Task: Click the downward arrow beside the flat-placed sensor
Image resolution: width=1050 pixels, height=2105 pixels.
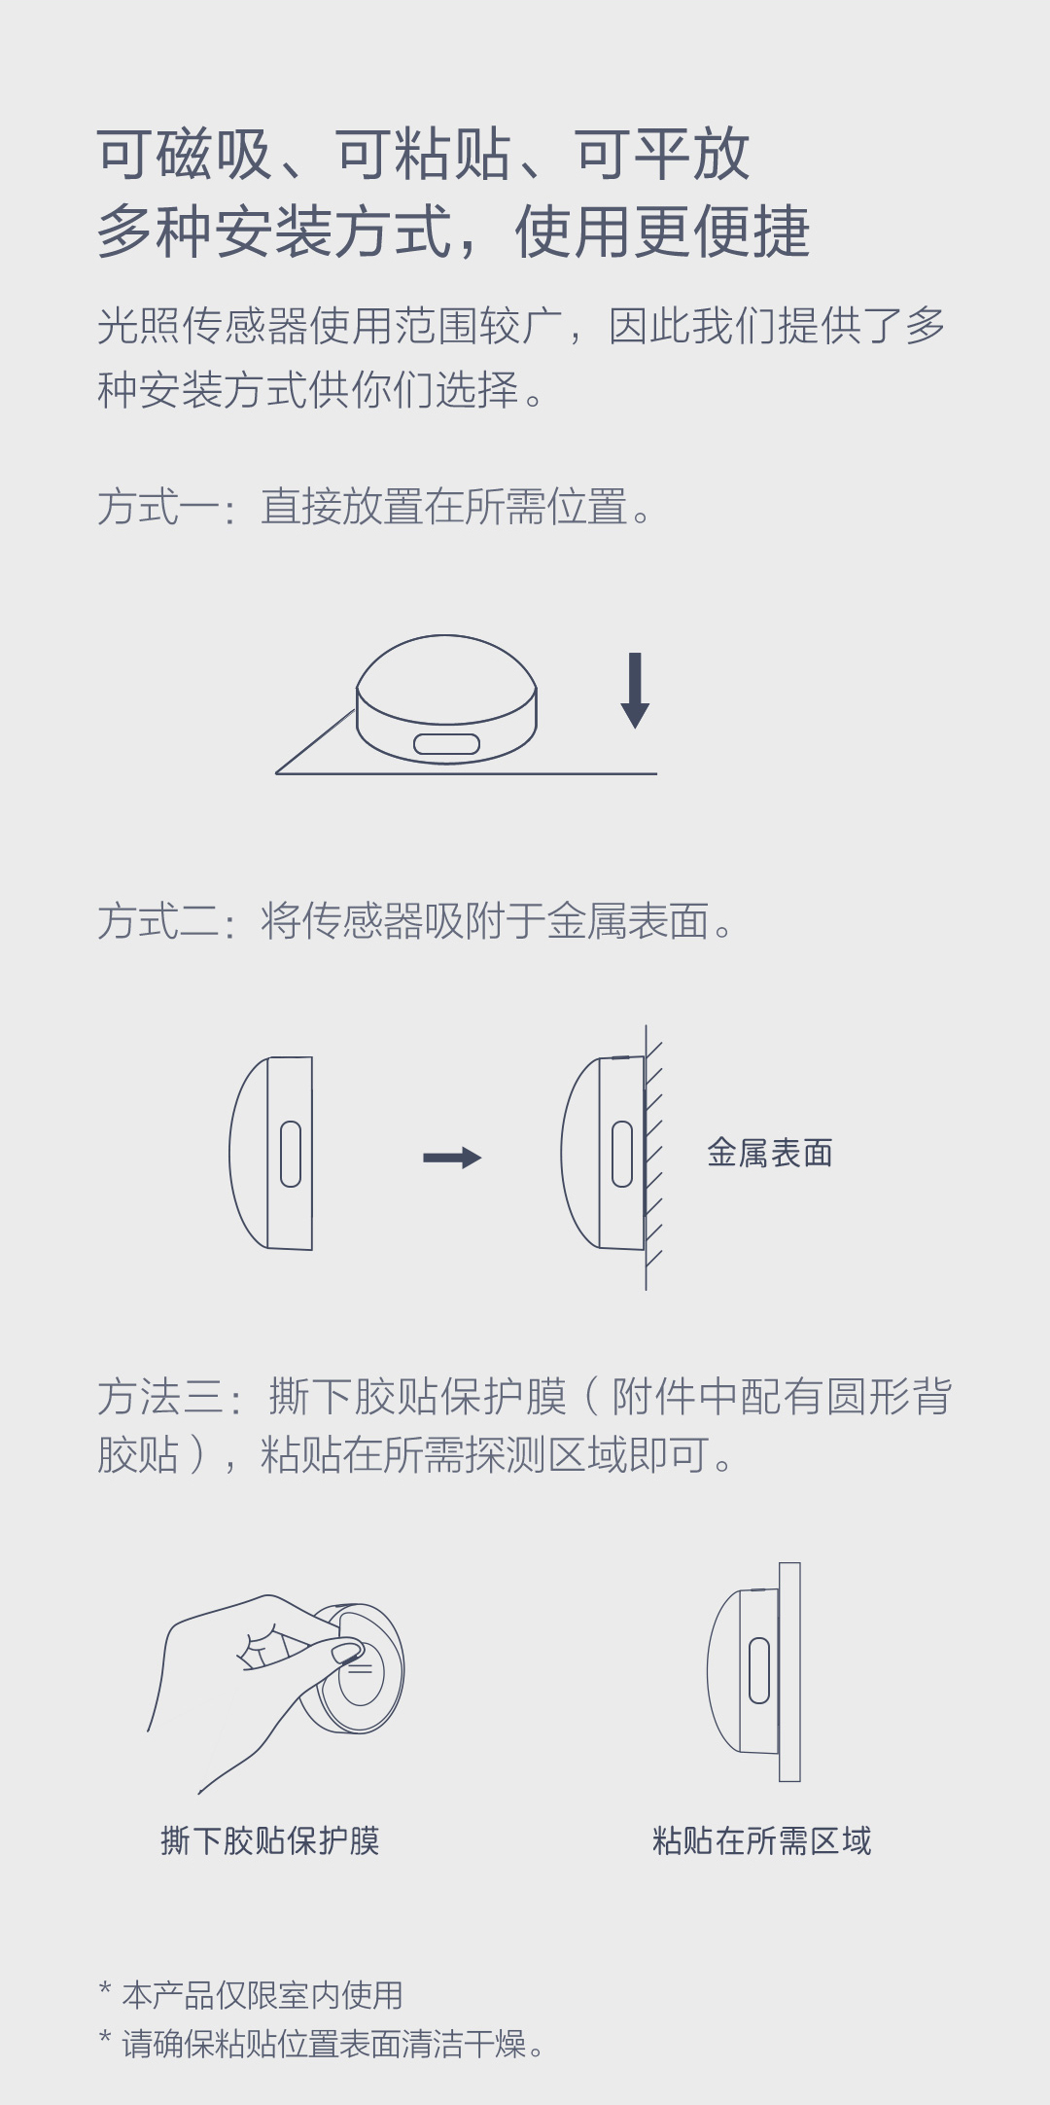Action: tap(635, 691)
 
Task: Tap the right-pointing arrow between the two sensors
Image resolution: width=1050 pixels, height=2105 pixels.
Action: tap(452, 1158)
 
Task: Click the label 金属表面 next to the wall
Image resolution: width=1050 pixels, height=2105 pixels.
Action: tap(770, 1153)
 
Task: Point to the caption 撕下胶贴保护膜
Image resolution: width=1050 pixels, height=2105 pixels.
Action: tap(270, 1840)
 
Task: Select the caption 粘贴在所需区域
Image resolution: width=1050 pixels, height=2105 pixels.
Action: tap(762, 1840)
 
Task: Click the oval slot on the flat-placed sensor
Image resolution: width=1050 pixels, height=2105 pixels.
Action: tap(447, 744)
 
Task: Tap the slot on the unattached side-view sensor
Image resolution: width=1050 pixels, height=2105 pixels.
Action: tap(291, 1154)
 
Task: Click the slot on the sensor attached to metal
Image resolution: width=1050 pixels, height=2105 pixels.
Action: tap(622, 1154)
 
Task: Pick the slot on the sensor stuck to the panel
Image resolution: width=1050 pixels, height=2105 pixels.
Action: tap(759, 1670)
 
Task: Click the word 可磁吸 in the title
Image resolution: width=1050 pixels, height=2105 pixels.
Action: tap(185, 155)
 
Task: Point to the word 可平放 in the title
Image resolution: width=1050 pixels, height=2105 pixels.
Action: tap(663, 155)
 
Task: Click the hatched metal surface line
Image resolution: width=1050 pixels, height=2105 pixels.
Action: tap(647, 1158)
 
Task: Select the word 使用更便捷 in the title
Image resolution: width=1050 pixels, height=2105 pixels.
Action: tap(663, 232)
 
